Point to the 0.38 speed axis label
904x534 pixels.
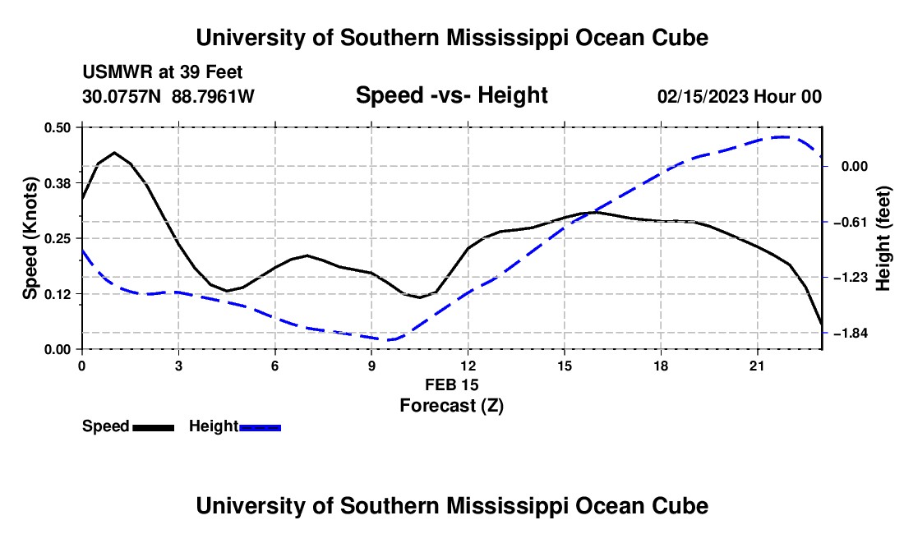[x=57, y=183]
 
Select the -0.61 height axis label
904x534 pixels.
[x=854, y=223]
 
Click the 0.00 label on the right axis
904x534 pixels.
[x=855, y=167]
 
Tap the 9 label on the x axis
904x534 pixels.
[x=371, y=366]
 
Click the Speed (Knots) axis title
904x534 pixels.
[x=30, y=238]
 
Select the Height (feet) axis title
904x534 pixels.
[x=883, y=238]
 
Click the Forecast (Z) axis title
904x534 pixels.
[x=451, y=406]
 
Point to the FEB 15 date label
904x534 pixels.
[x=452, y=384]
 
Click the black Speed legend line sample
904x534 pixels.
[x=154, y=427]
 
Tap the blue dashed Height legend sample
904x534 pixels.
[x=260, y=427]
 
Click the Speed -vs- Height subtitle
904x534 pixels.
[x=451, y=95]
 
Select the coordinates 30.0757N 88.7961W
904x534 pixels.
[x=168, y=96]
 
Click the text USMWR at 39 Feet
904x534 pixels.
[x=163, y=72]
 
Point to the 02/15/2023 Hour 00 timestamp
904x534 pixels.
[x=740, y=96]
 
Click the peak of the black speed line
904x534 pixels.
[x=115, y=153]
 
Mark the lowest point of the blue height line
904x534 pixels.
[x=388, y=340]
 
